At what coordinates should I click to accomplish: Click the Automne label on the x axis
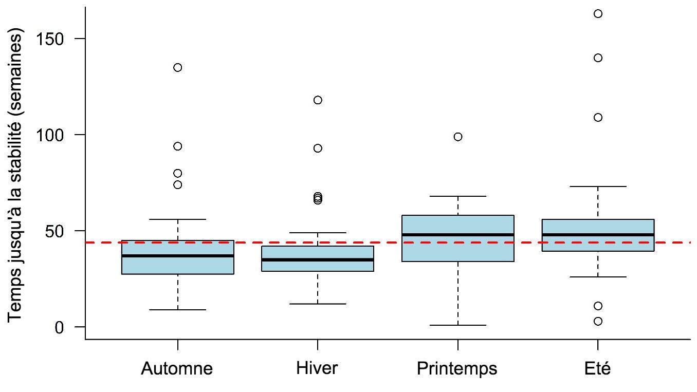coord(177,369)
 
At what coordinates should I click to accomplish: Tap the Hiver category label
coord(317,368)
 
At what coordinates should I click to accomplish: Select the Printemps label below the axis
coord(457,369)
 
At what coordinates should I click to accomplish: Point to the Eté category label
coord(597,368)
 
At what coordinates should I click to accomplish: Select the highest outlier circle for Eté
coord(598,14)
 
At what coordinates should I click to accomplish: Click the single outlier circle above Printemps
coord(458,137)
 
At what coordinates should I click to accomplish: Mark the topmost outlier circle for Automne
coord(178,67)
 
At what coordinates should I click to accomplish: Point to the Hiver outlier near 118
coord(318,100)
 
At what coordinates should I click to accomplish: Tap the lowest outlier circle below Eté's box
coord(598,321)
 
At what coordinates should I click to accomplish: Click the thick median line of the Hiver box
coord(318,259)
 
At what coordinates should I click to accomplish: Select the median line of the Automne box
coord(178,255)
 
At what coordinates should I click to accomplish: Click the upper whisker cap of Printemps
coord(458,196)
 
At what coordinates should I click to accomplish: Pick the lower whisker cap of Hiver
coord(318,304)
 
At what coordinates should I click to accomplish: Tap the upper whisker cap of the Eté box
coord(598,186)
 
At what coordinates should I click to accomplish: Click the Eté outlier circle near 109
coord(598,118)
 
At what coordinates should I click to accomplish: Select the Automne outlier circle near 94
coord(178,146)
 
